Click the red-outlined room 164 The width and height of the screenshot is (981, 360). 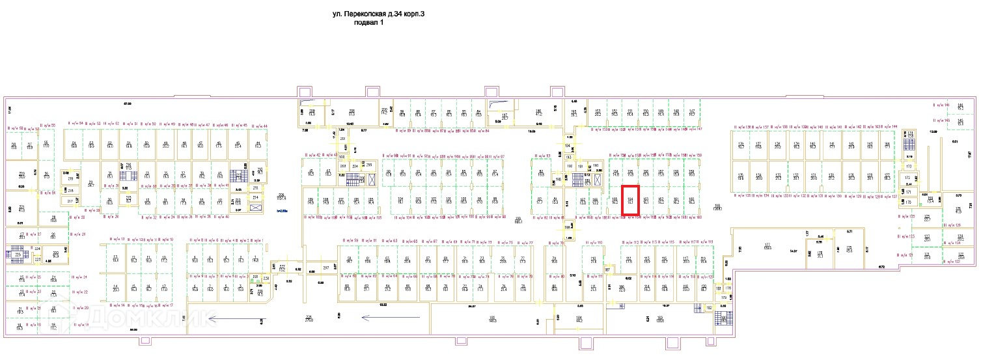(630, 200)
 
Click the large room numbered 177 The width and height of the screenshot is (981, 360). (767, 247)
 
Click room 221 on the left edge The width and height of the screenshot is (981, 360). (21, 209)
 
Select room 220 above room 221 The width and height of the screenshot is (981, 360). (21, 174)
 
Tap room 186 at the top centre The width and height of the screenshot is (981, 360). (538, 111)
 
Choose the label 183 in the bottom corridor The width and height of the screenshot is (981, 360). (659, 320)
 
